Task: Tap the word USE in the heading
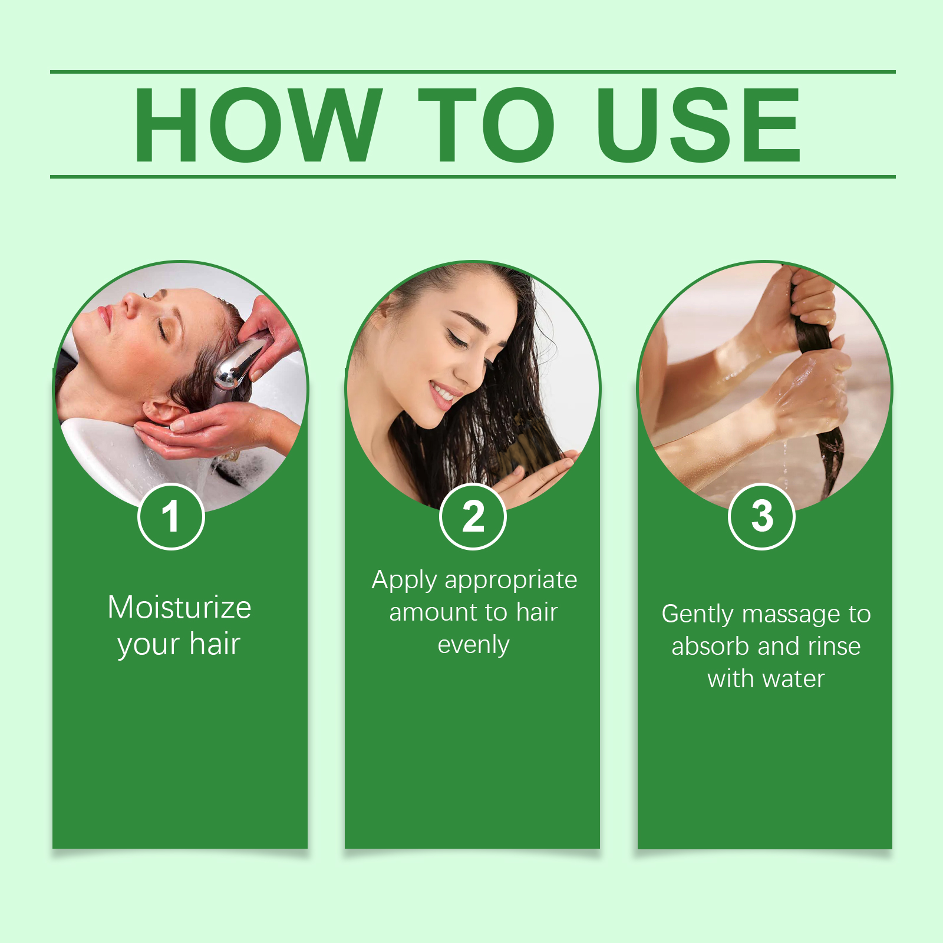(x=698, y=125)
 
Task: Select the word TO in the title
(x=486, y=125)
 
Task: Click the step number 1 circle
(x=171, y=516)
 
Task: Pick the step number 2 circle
(x=473, y=516)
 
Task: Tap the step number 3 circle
(x=762, y=516)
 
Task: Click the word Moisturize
(x=179, y=607)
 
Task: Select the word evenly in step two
(x=473, y=645)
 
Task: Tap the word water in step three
(x=794, y=679)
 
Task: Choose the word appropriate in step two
(x=510, y=581)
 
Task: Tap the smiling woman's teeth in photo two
(x=443, y=391)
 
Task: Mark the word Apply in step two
(x=404, y=581)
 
